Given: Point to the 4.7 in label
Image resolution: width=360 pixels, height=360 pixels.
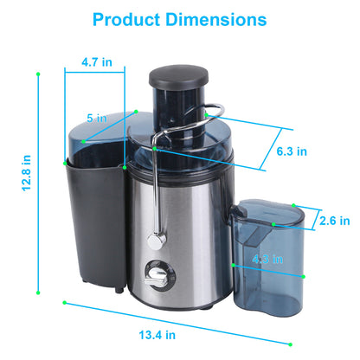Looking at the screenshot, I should pyautogui.click(x=95, y=62).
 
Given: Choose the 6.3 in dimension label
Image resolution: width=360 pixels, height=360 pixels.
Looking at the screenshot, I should pyautogui.click(x=290, y=151).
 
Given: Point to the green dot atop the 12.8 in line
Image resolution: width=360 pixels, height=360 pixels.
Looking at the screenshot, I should pyautogui.click(x=38, y=74).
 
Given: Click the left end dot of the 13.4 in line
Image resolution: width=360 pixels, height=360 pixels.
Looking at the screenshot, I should pyautogui.click(x=64, y=302).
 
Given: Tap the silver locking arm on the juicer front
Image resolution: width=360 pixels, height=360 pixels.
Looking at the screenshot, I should pyautogui.click(x=157, y=190).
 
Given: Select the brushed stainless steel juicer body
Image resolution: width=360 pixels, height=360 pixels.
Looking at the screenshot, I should pyautogui.click(x=186, y=234).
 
